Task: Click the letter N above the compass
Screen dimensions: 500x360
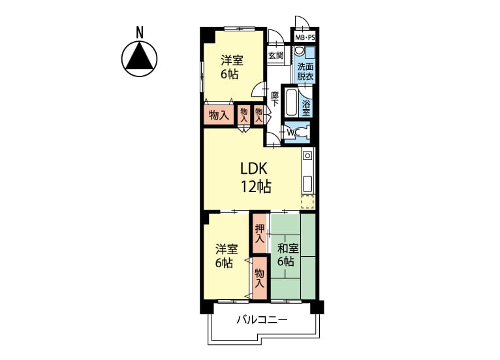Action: pos(139,32)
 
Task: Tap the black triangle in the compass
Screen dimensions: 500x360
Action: pos(139,57)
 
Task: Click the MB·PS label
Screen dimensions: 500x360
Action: pos(305,38)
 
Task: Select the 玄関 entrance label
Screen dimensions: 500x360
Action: pos(276,56)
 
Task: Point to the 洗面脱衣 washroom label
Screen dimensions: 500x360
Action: pos(305,71)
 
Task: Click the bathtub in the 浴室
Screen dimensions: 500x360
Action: pos(292,103)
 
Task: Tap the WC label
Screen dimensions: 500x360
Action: pos(292,132)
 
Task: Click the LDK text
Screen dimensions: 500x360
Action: pos(254,169)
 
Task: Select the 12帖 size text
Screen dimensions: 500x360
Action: pos(256,187)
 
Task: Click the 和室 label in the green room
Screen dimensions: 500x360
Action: pos(288,249)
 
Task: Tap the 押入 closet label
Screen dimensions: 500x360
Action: pos(259,234)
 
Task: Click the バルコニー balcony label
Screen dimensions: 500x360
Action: pos(262,319)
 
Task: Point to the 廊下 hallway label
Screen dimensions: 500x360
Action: pos(275,99)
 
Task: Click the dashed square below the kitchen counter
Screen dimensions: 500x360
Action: pos(307,202)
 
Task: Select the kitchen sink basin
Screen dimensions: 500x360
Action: pos(307,184)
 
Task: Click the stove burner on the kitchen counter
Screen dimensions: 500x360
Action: pos(307,155)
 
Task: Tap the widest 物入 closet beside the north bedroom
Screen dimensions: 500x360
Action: pos(219,116)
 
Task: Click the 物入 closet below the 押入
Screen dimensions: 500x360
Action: pos(260,278)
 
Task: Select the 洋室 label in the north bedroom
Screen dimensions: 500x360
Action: pos(232,60)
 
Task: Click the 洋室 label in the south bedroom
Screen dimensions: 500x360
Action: pos(227,249)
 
